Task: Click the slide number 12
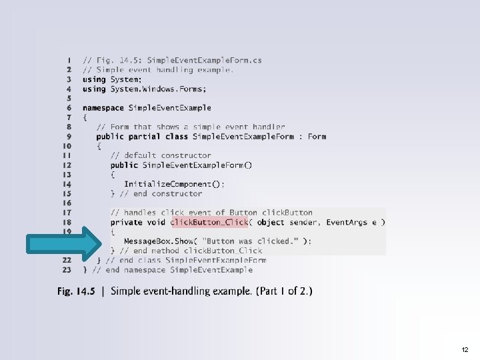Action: [x=464, y=349]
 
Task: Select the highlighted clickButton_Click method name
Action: [x=209, y=222]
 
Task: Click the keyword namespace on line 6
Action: [x=103, y=107]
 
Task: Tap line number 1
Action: [x=69, y=60]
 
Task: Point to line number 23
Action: [x=67, y=269]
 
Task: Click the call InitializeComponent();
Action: [x=174, y=184]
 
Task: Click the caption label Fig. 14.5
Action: [x=80, y=291]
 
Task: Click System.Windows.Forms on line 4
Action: [x=159, y=89]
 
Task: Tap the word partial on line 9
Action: [x=145, y=136]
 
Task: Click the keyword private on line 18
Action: [x=126, y=222]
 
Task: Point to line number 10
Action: [x=67, y=145]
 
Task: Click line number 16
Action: [x=67, y=203]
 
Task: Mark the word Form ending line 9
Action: [x=317, y=136]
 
